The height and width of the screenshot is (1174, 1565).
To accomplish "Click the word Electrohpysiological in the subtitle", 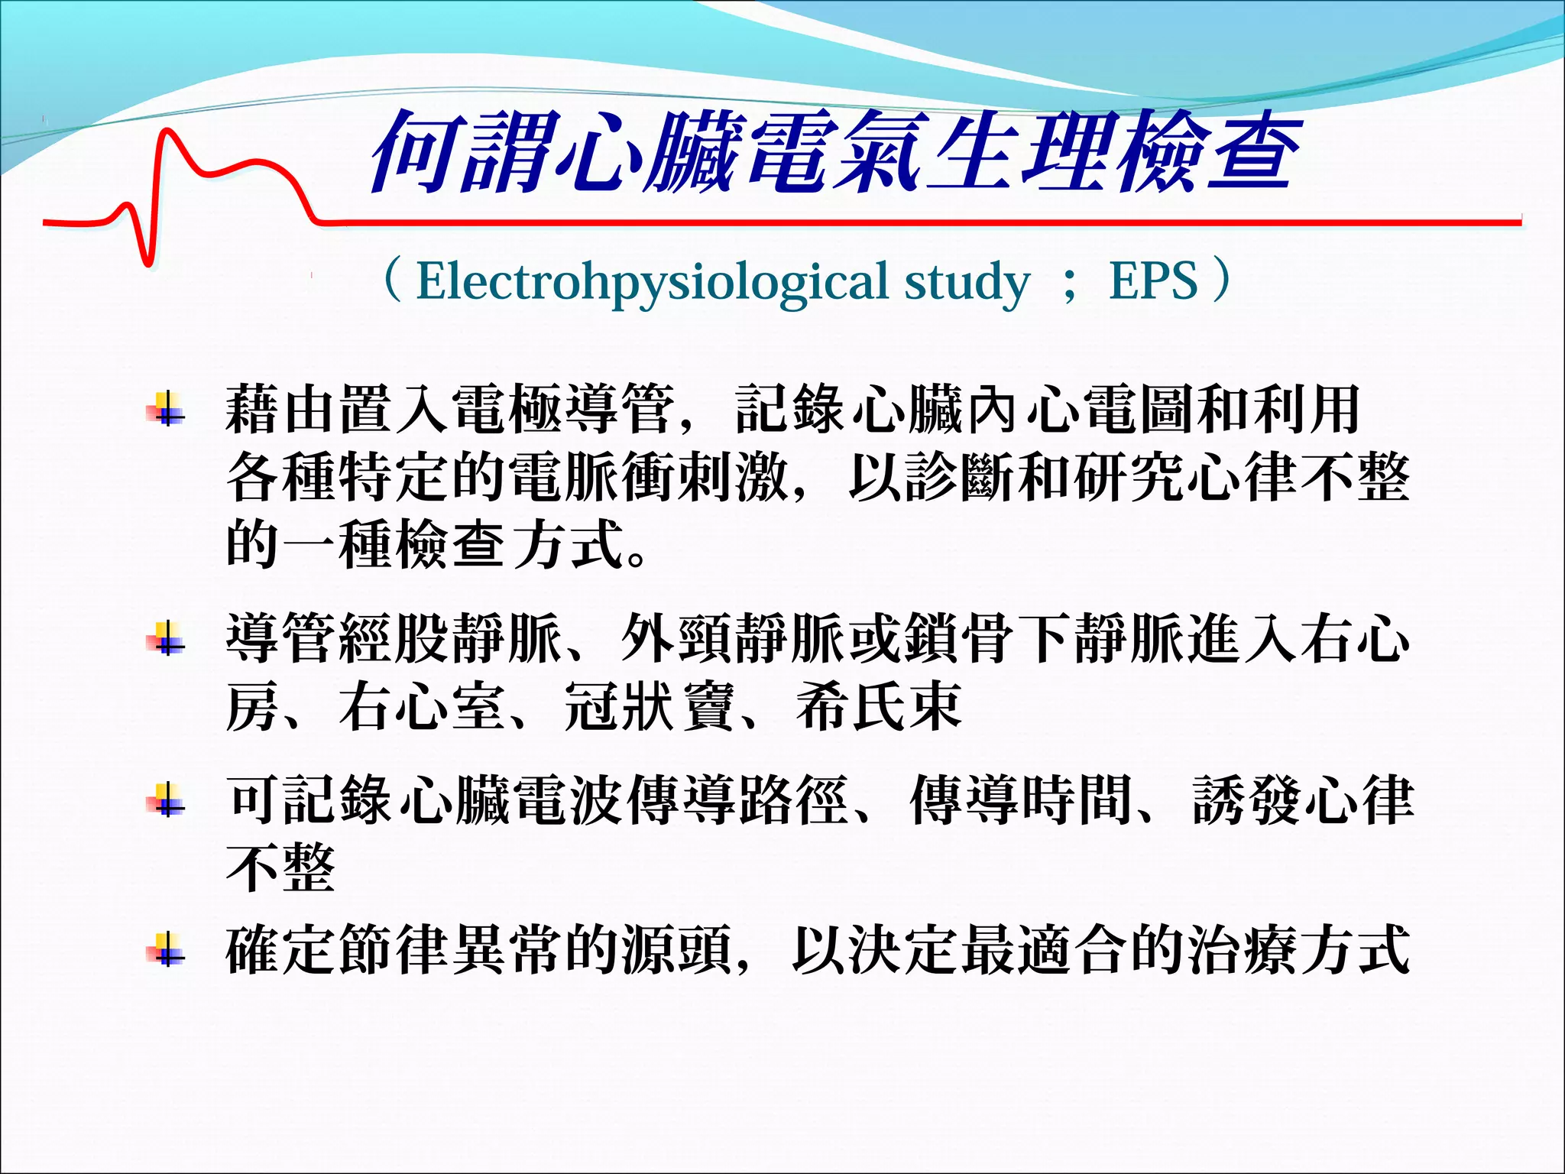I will (652, 282).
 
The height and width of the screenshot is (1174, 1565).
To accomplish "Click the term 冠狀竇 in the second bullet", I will (649, 707).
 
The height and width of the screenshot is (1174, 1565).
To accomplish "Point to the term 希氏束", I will (879, 707).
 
